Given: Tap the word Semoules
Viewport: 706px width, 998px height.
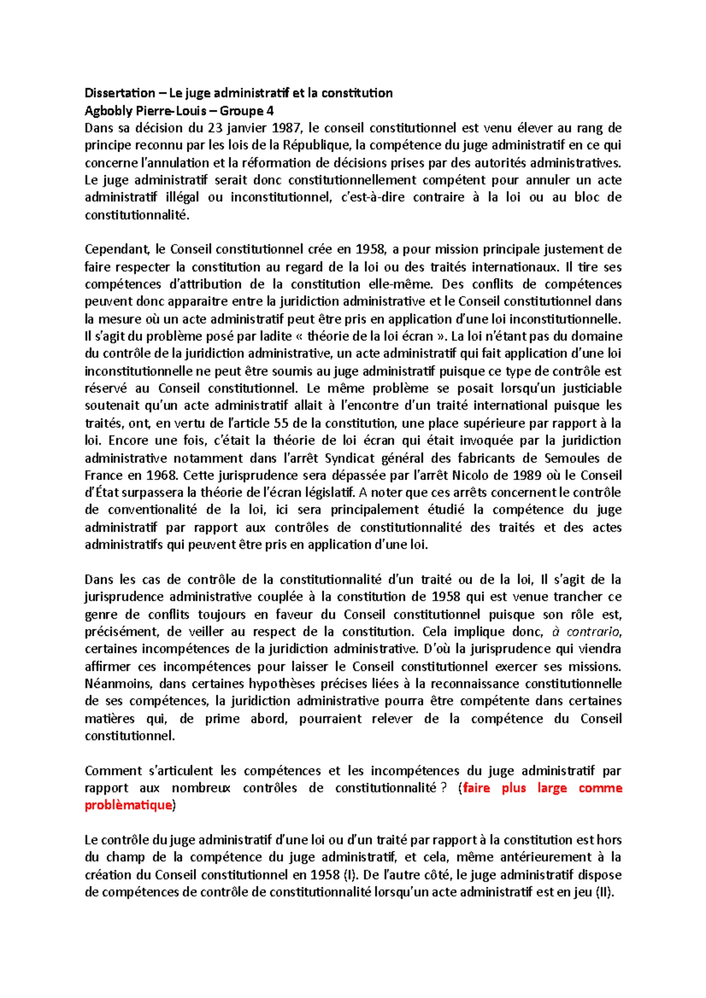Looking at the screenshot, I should point(572,458).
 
